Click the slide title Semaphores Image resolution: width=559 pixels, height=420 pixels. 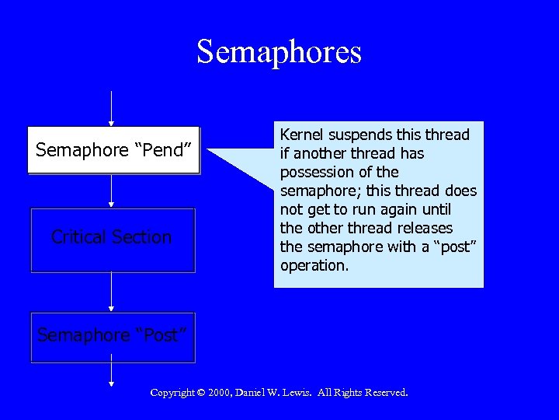pos(279,52)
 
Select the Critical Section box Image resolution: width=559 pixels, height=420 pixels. pos(113,240)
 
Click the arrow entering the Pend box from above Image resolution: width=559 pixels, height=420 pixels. pos(112,108)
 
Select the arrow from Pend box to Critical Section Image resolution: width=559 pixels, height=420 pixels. pos(112,191)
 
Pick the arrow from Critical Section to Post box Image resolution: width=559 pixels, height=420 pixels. pos(112,292)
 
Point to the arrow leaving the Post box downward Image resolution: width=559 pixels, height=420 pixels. pos(112,374)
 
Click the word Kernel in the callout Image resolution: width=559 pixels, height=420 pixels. pos(304,135)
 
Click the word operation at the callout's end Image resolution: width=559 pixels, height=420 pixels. pos(314,265)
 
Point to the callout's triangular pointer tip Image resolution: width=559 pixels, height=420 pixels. pos(210,149)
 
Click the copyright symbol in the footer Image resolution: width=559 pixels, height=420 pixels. pos(200,393)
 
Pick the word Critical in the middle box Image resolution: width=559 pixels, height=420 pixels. pos(77,237)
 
